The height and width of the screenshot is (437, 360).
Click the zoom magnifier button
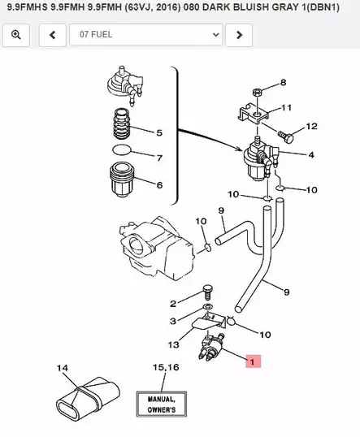(x=16, y=35)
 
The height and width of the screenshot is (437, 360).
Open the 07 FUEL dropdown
(x=146, y=35)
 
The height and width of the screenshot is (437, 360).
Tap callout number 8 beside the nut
(x=283, y=83)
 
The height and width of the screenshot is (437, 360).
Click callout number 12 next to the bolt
(x=311, y=127)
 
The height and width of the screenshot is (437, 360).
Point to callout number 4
(x=311, y=154)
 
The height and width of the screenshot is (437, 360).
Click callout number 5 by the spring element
(x=158, y=132)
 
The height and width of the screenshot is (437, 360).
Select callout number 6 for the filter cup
(x=158, y=184)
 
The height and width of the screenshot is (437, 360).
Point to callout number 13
(x=173, y=344)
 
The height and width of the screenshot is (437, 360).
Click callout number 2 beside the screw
(x=172, y=304)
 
